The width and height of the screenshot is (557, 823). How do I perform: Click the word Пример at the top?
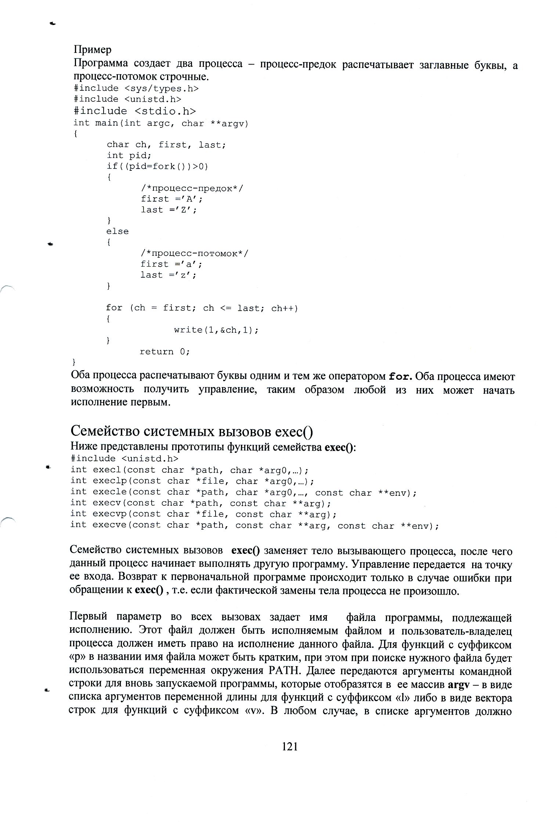pos(92,49)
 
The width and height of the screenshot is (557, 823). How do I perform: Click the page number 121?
pos(290,746)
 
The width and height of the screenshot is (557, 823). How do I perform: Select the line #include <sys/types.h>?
pos(136,89)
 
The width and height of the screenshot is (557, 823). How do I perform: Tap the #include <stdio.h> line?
pos(134,111)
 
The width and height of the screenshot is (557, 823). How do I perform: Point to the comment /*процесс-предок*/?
pos(192,188)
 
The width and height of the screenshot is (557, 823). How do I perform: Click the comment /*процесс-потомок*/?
pos(194,253)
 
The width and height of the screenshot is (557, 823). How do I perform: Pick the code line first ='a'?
pos(171,264)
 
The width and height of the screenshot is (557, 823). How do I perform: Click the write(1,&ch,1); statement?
pos(216,330)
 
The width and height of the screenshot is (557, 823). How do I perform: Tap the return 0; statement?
pos(164,351)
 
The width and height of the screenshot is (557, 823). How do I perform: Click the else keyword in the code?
pos(117,231)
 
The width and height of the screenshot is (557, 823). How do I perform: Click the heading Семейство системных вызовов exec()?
pos(192,431)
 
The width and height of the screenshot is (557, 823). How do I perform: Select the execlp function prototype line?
pos(192,481)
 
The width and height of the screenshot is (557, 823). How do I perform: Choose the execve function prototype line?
pos(254,526)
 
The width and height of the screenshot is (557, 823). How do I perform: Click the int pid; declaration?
pos(127,155)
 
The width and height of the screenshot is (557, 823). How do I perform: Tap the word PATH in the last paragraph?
pos(285,671)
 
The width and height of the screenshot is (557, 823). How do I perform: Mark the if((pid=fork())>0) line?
pos(158,166)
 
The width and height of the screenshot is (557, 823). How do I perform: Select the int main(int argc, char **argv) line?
pos(161,123)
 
